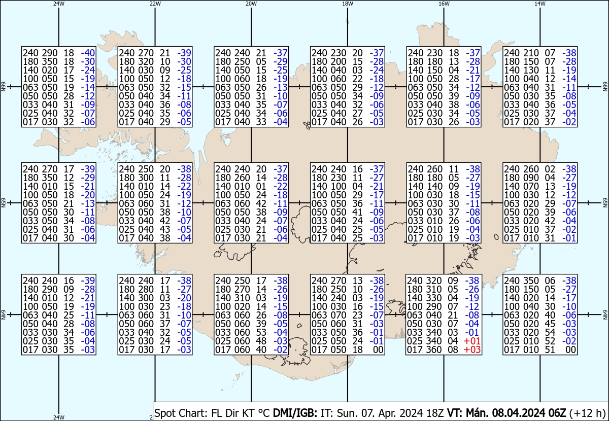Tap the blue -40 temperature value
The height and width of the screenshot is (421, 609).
click(88, 53)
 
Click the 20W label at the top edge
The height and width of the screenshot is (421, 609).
click(251, 4)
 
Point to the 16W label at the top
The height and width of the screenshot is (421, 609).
click(444, 4)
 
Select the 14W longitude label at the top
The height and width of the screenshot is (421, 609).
click(540, 4)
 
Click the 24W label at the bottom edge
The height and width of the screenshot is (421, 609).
click(59, 417)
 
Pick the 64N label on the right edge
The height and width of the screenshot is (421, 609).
click(605, 318)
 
